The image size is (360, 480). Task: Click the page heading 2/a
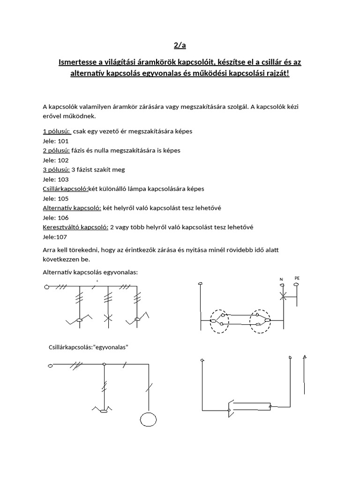180,45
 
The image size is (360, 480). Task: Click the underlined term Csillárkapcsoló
65,188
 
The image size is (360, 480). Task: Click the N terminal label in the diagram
282,280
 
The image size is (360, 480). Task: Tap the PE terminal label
297,278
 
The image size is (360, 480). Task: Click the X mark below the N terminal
282,296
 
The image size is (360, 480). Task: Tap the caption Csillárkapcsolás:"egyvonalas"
89,347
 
